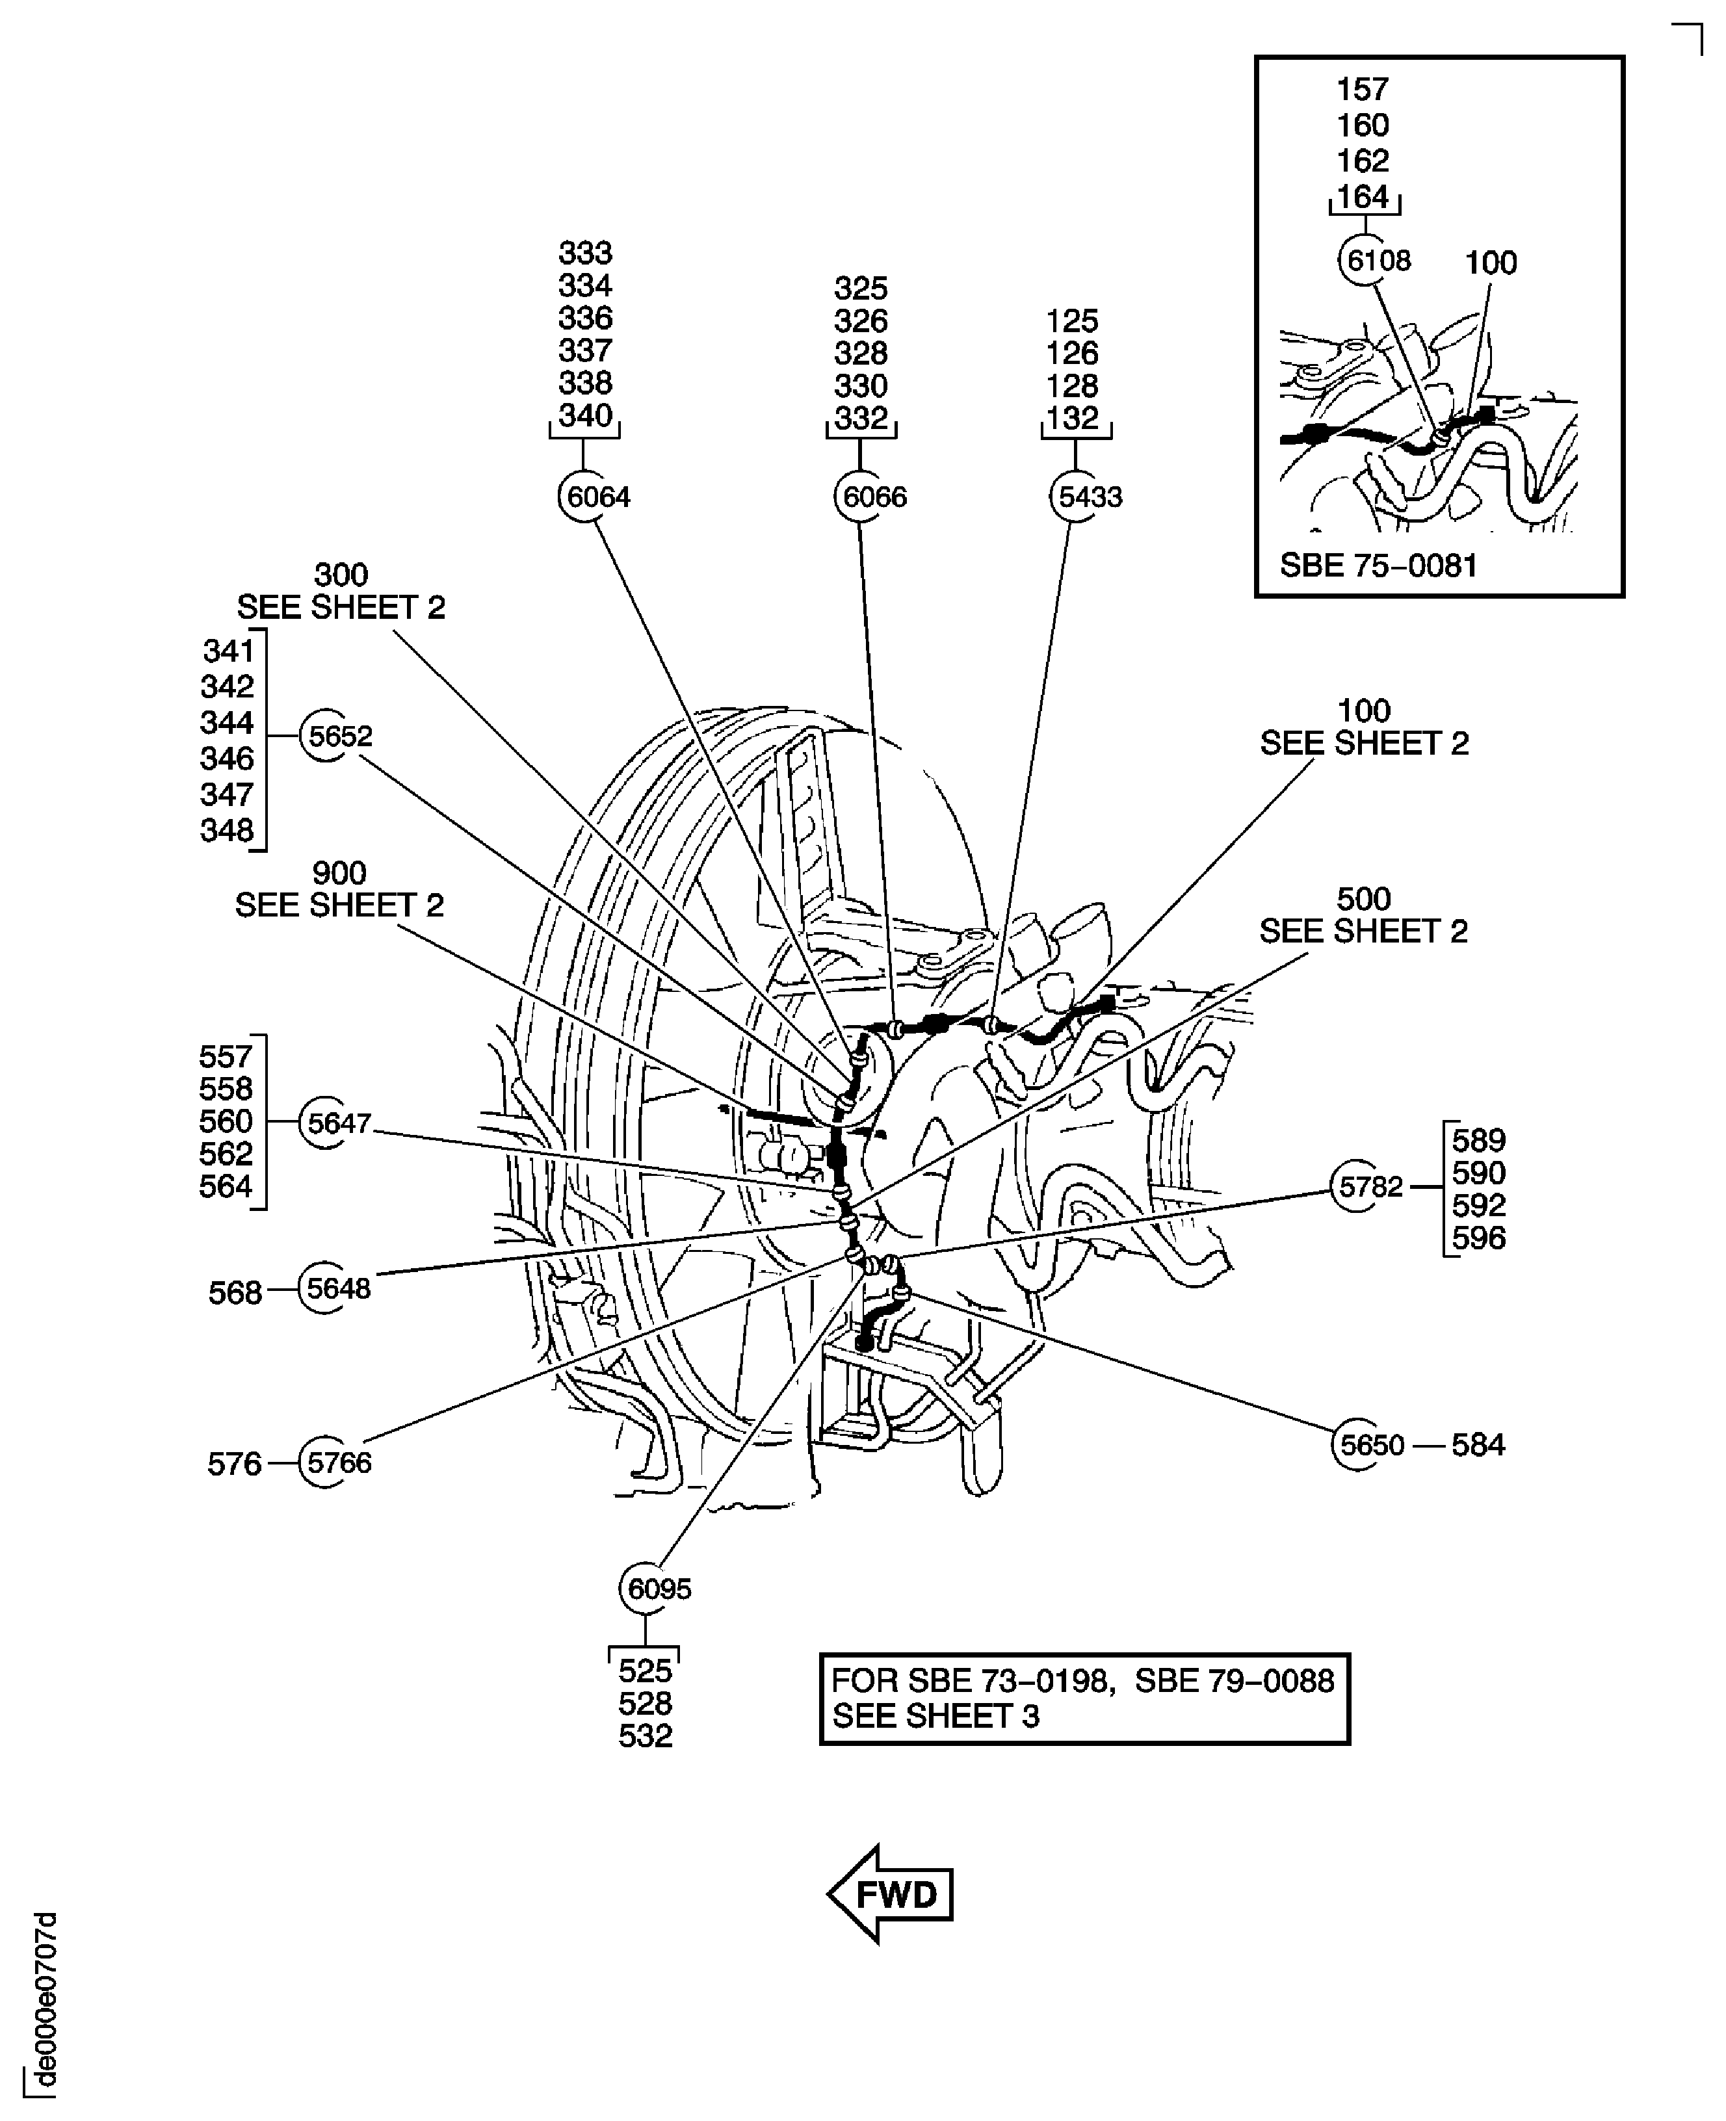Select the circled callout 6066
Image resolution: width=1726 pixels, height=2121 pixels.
pyautogui.click(x=871, y=496)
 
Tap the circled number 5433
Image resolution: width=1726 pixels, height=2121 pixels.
pyautogui.click(x=1087, y=496)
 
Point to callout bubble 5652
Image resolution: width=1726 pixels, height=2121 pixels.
pyautogui.click(x=338, y=735)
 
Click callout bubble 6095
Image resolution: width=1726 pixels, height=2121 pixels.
pyautogui.click(x=657, y=1588)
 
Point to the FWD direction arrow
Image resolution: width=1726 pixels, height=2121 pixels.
pyautogui.click(x=891, y=1894)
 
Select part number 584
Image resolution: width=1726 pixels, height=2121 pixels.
pyautogui.click(x=1478, y=1444)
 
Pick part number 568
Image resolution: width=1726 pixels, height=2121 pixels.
pyautogui.click(x=235, y=1292)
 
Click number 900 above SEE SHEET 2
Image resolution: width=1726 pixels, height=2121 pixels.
pyautogui.click(x=339, y=873)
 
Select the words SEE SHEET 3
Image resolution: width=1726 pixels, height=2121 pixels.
pyautogui.click(x=935, y=1743)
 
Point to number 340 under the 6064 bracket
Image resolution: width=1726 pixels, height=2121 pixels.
pyautogui.click(x=584, y=415)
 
